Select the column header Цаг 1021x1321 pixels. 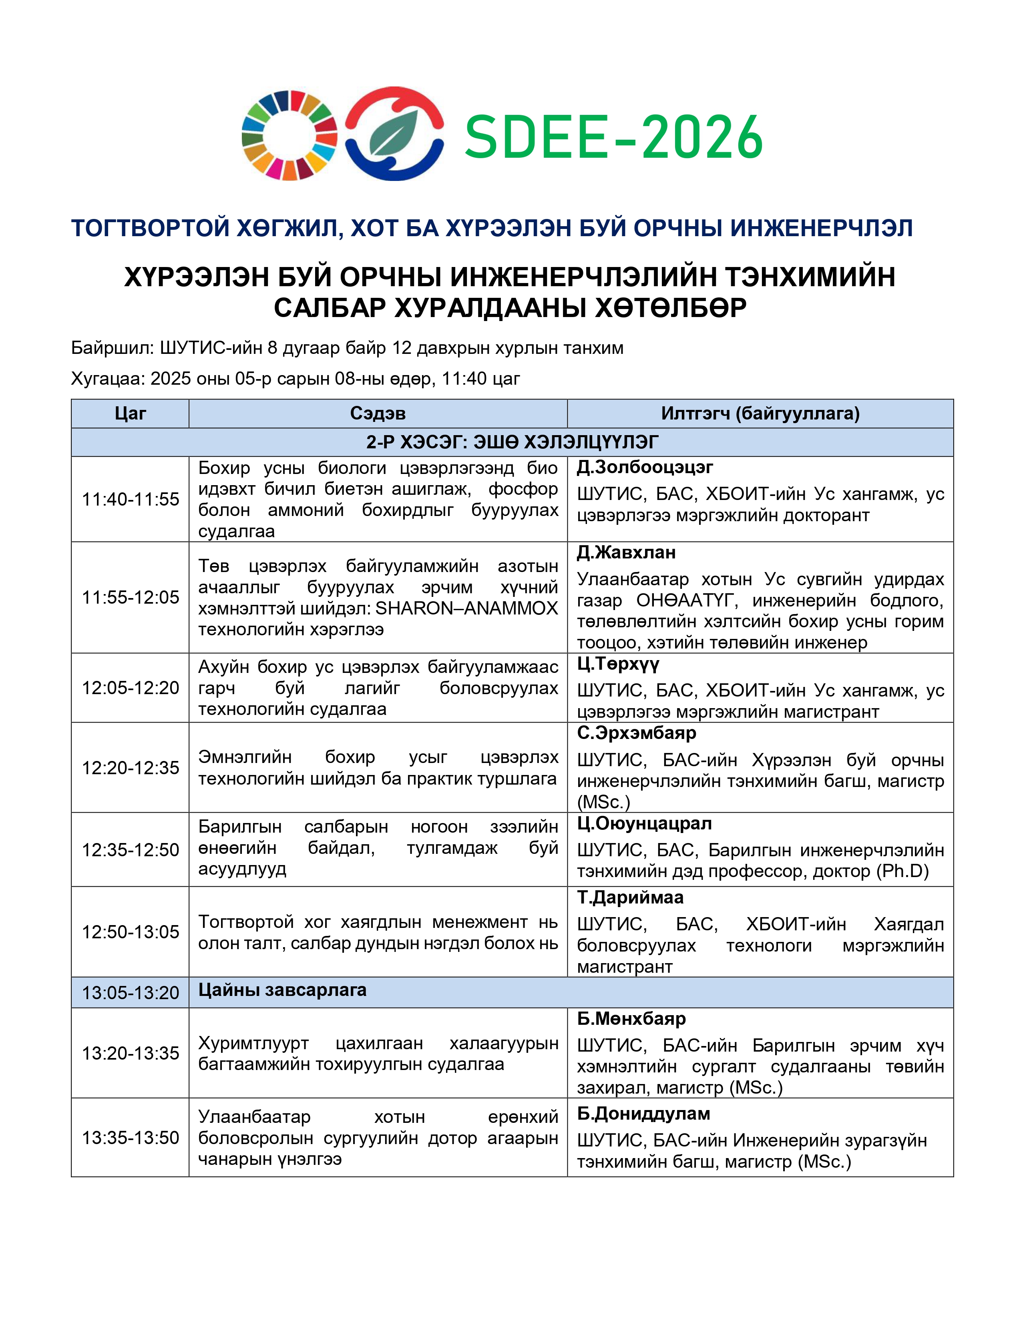click(130, 414)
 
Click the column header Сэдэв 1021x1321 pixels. click(378, 414)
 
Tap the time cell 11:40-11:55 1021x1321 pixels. click(130, 500)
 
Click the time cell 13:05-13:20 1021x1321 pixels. click(130, 993)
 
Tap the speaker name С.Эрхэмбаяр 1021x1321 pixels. click(636, 733)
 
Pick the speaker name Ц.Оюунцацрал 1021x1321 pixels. click(644, 824)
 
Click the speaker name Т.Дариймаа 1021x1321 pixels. click(630, 897)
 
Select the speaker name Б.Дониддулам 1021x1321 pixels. click(643, 1114)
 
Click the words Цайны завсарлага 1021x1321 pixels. click(282, 990)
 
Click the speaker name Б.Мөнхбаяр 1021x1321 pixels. click(631, 1019)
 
